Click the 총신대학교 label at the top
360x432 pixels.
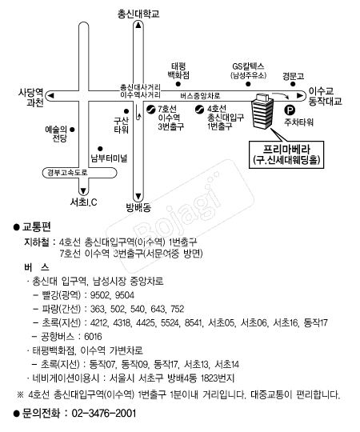(138, 14)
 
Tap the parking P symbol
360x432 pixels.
(290, 110)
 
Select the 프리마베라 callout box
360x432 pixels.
(286, 154)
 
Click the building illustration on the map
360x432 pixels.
(262, 111)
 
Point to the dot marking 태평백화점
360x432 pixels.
(178, 84)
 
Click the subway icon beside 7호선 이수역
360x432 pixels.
(151, 110)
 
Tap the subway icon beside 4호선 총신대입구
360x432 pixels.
(199, 110)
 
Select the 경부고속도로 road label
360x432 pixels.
(67, 173)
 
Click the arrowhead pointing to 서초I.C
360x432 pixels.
(83, 191)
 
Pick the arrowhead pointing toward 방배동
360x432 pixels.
(138, 197)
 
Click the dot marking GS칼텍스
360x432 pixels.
(248, 84)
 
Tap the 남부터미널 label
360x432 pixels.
(109, 158)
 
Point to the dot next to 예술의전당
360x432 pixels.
(72, 130)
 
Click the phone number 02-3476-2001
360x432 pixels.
(104, 414)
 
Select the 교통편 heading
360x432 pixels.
(37, 226)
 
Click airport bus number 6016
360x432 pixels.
(93, 336)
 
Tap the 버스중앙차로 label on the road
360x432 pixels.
(200, 96)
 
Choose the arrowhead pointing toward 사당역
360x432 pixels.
(50, 96)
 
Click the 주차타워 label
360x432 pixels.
(299, 122)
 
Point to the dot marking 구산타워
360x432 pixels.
(126, 111)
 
